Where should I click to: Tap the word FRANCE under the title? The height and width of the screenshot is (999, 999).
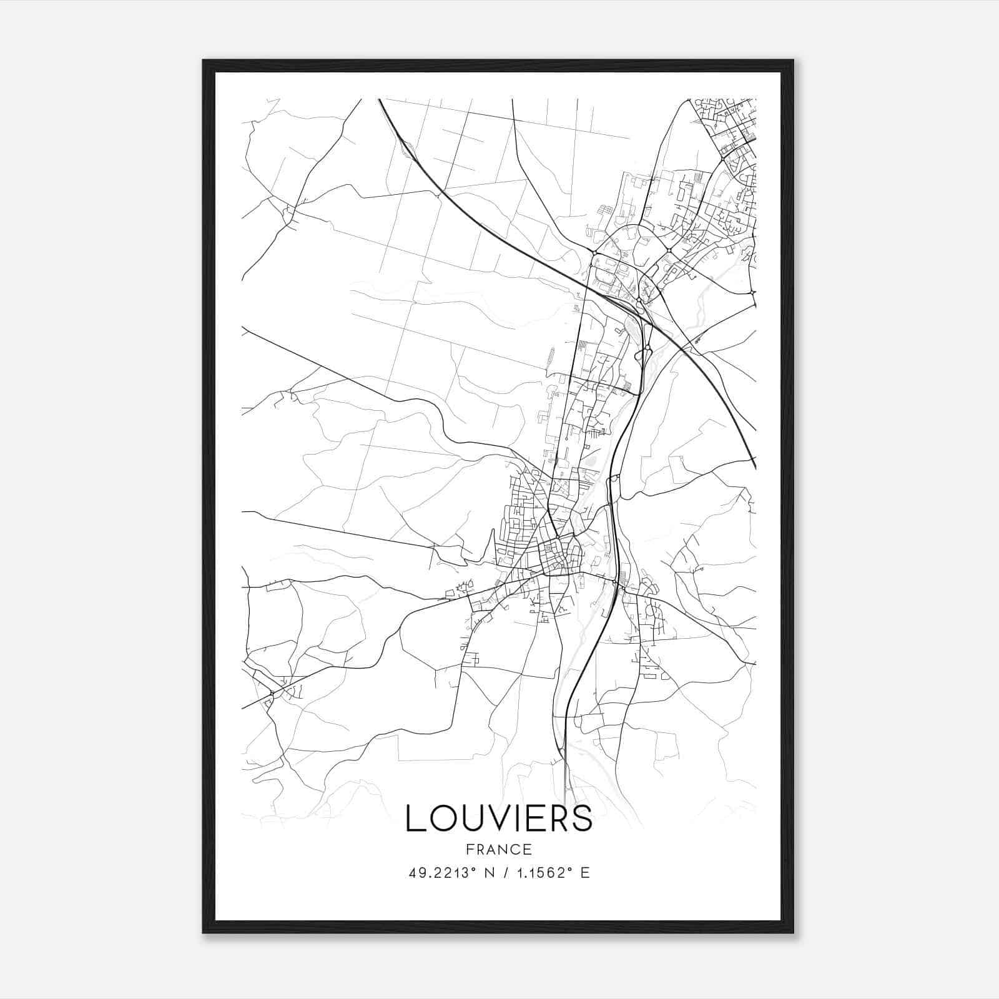[x=499, y=850]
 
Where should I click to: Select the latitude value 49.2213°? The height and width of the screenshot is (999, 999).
[x=443, y=873]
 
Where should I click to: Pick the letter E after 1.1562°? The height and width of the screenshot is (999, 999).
[x=585, y=873]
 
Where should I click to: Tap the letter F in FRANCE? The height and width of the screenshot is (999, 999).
[x=470, y=850]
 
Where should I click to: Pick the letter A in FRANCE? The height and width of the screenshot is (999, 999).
[x=492, y=850]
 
